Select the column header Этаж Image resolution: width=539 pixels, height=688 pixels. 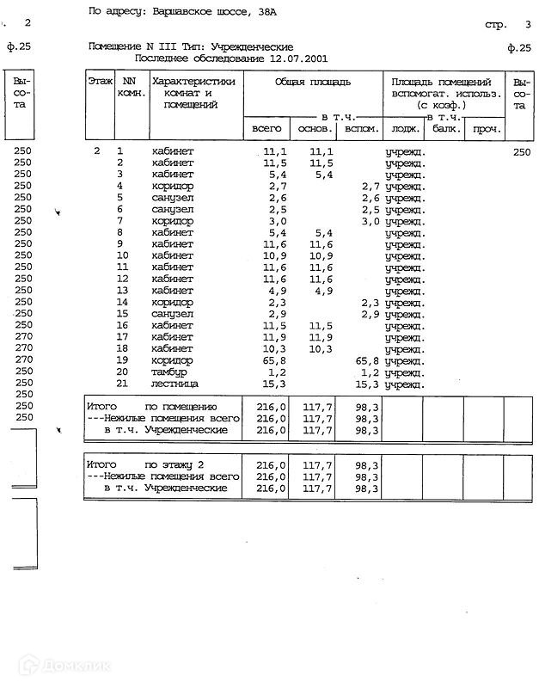point(100,80)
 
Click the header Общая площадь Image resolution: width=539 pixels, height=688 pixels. point(312,80)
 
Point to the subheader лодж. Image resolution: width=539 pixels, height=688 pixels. point(404,128)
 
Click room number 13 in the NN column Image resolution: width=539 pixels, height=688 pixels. point(122,291)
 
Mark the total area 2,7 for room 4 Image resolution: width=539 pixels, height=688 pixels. point(276,186)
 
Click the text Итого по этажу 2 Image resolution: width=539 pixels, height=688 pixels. point(146,464)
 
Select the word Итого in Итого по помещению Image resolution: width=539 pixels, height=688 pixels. point(101,405)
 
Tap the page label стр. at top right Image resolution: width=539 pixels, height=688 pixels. point(495,25)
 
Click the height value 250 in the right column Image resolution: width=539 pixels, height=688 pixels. point(521,151)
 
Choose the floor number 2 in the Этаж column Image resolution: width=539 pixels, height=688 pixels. point(97,151)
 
